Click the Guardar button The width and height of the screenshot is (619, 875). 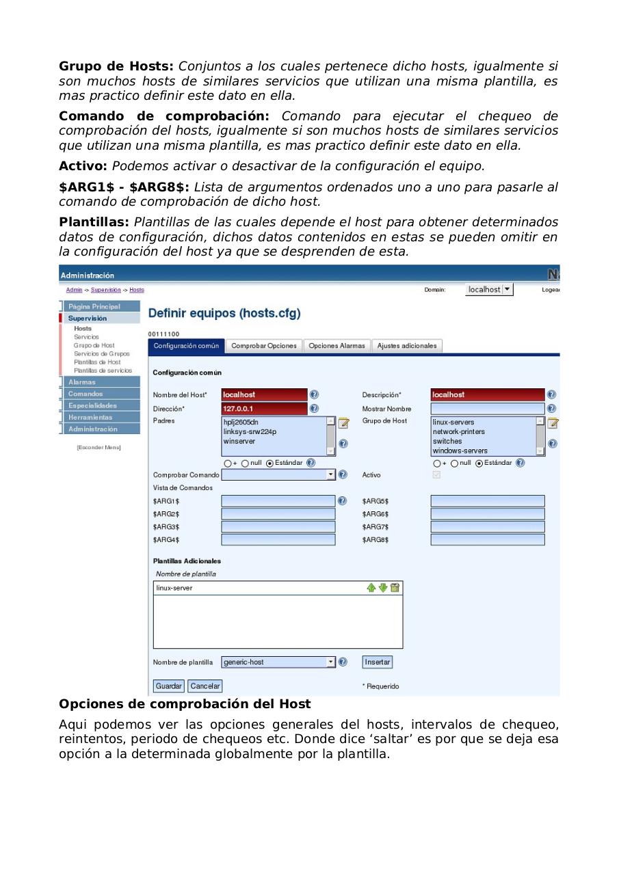click(x=168, y=686)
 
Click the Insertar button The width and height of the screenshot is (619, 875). click(x=377, y=662)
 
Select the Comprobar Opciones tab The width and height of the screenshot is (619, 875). click(x=264, y=346)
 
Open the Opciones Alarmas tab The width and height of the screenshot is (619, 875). click(x=337, y=346)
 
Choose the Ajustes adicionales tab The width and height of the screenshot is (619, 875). click(x=407, y=346)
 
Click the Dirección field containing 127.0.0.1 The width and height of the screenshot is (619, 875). click(x=264, y=408)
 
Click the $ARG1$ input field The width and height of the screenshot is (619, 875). click(x=278, y=501)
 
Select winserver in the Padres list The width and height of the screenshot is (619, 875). click(x=239, y=441)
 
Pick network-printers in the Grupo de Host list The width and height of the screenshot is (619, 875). click(x=458, y=431)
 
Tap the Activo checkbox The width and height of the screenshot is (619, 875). click(x=436, y=475)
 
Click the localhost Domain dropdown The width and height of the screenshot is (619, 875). click(x=489, y=290)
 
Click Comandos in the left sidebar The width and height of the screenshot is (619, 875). click(x=86, y=394)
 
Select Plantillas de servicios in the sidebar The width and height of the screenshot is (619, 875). click(x=103, y=370)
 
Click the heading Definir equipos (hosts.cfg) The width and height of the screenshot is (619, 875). click(x=224, y=313)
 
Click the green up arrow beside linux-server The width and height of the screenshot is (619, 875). click(x=371, y=588)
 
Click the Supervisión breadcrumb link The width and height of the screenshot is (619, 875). click(x=105, y=290)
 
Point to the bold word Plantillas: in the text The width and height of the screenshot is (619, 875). click(x=94, y=222)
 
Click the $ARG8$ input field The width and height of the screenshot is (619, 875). click(x=487, y=539)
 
